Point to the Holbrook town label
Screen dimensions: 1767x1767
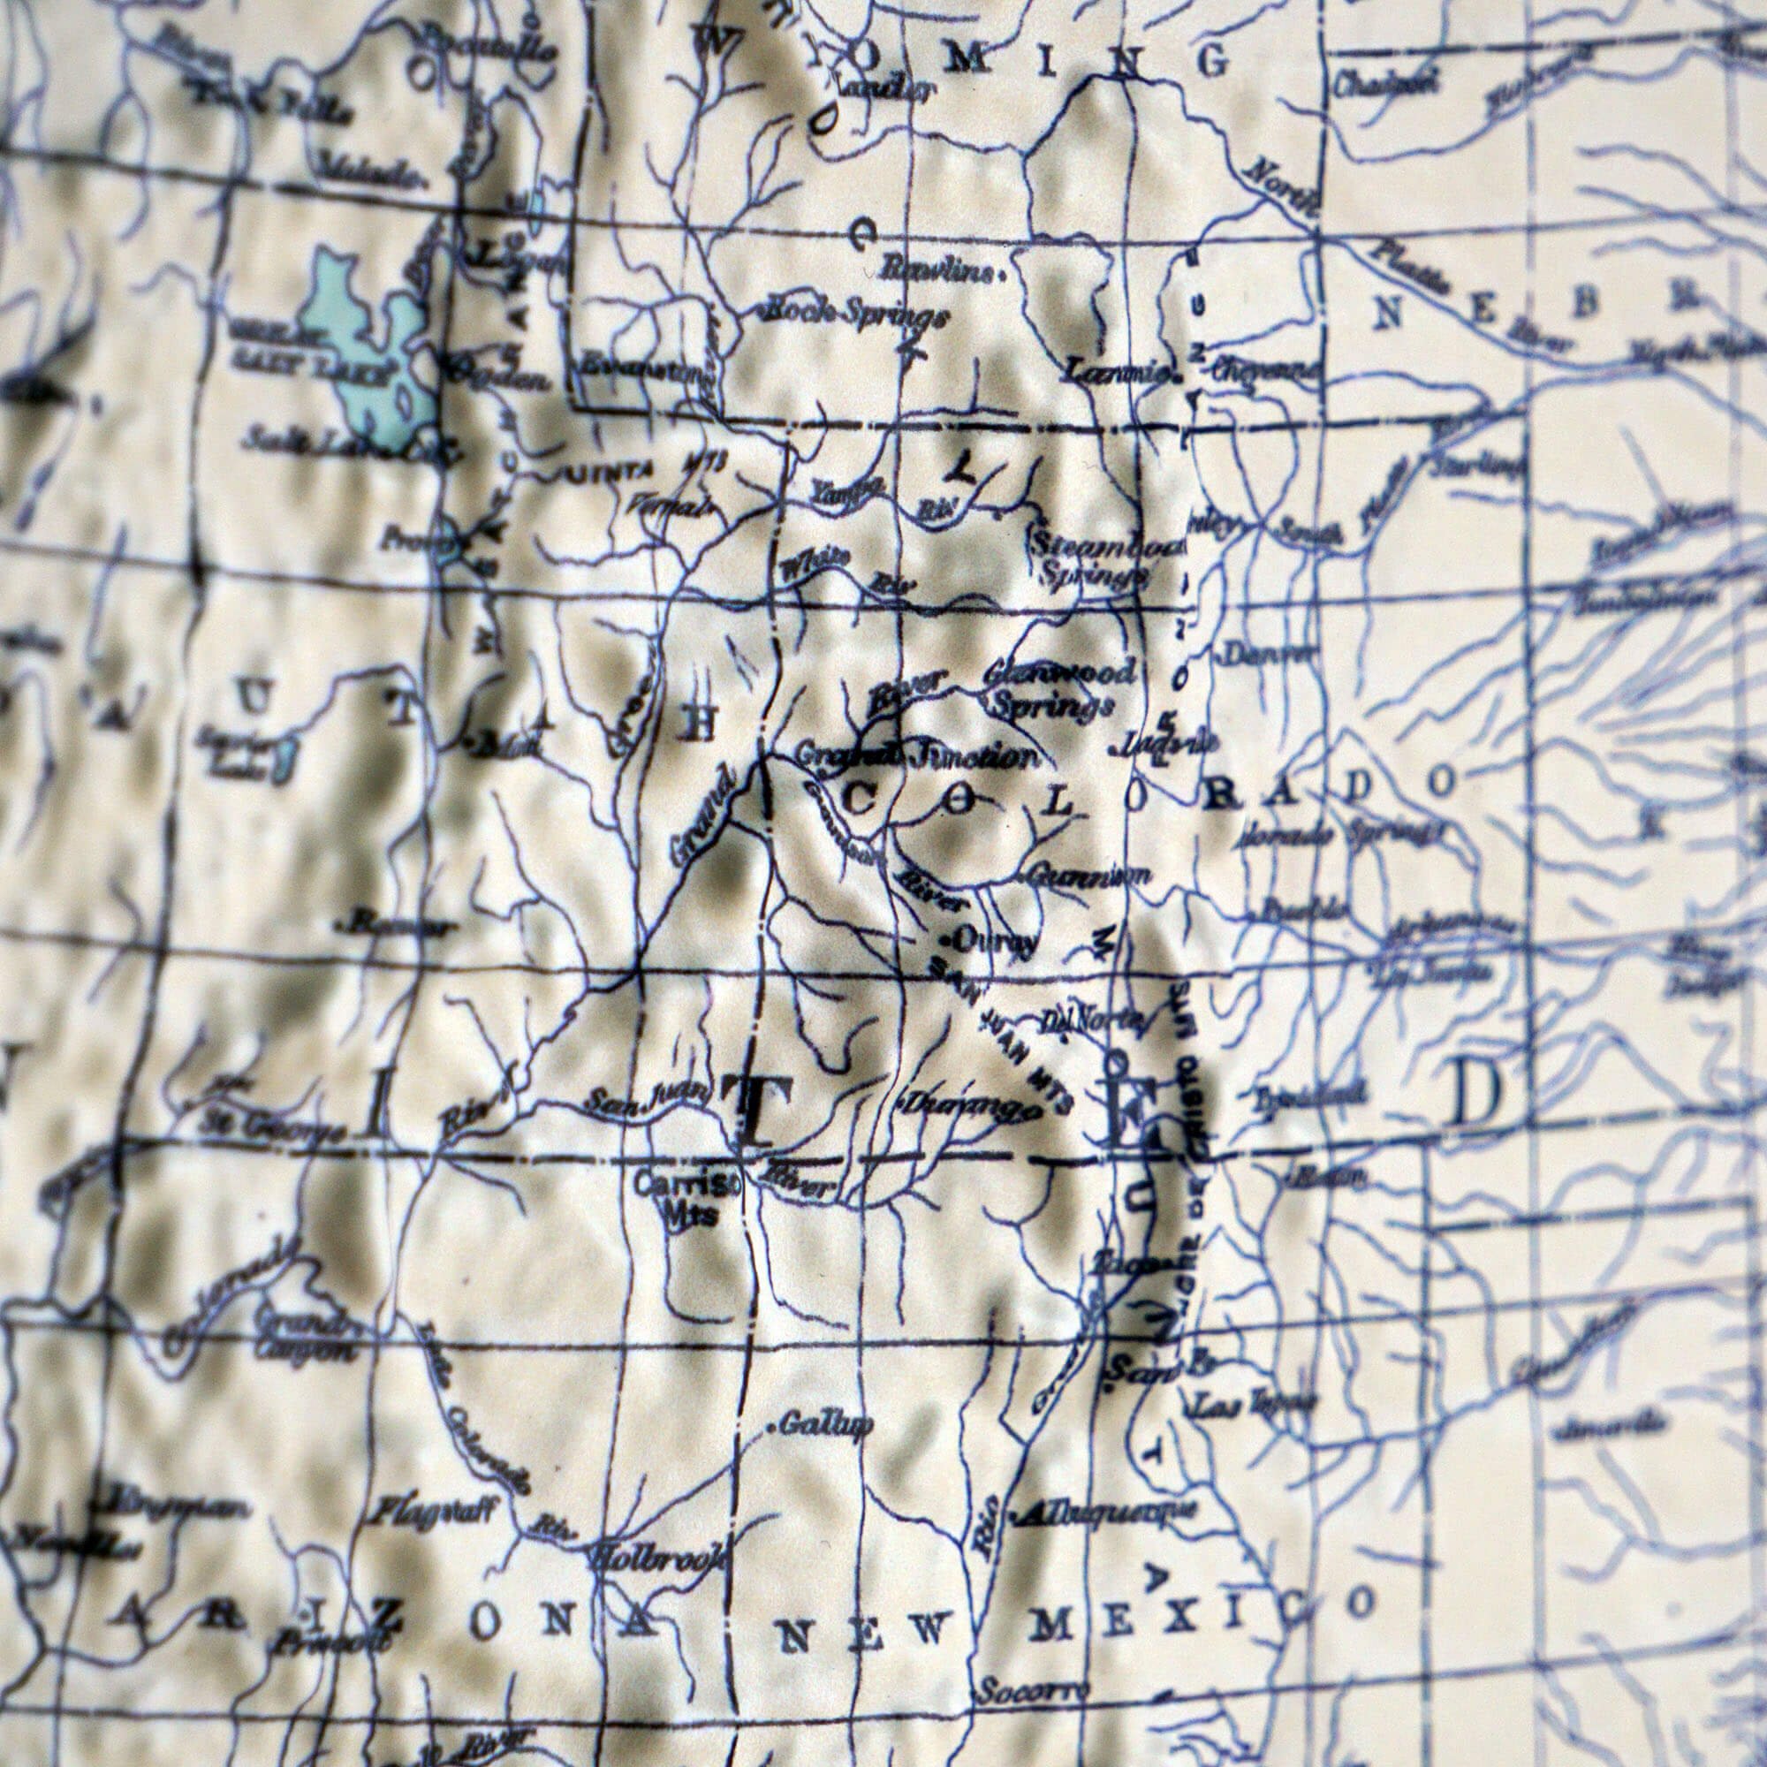(660, 1557)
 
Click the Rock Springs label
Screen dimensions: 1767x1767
(855, 314)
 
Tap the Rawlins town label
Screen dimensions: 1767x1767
(942, 269)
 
